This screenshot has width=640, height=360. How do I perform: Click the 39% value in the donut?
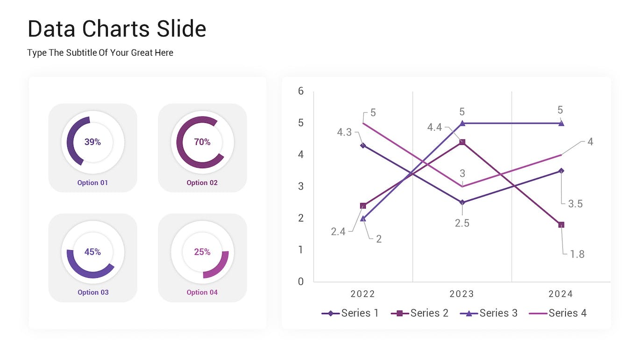tap(92, 142)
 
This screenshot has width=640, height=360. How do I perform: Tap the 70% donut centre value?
tap(202, 142)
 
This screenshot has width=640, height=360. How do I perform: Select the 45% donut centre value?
tap(92, 252)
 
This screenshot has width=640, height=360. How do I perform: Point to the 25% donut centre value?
tap(202, 252)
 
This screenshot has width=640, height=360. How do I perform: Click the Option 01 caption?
tap(92, 183)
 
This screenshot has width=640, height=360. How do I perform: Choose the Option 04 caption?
tap(202, 292)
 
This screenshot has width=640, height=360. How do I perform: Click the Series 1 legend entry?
tap(350, 313)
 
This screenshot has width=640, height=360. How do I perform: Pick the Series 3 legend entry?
tap(489, 313)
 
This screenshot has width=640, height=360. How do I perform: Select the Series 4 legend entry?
tap(558, 313)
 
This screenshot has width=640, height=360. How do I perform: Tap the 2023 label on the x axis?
tap(462, 294)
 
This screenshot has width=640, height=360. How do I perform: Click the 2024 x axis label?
tap(561, 294)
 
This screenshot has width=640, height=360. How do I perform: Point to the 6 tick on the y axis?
tap(301, 91)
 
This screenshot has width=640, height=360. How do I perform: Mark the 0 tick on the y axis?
tap(301, 282)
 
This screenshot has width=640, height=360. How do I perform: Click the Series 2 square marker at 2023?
tap(462, 142)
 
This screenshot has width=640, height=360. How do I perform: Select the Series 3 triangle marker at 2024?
tap(561, 123)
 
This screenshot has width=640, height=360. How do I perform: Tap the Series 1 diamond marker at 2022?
tap(363, 145)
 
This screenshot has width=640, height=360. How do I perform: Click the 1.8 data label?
tap(577, 254)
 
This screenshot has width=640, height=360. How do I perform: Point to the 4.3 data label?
tap(344, 133)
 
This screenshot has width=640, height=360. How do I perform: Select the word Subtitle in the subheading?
tap(79, 53)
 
